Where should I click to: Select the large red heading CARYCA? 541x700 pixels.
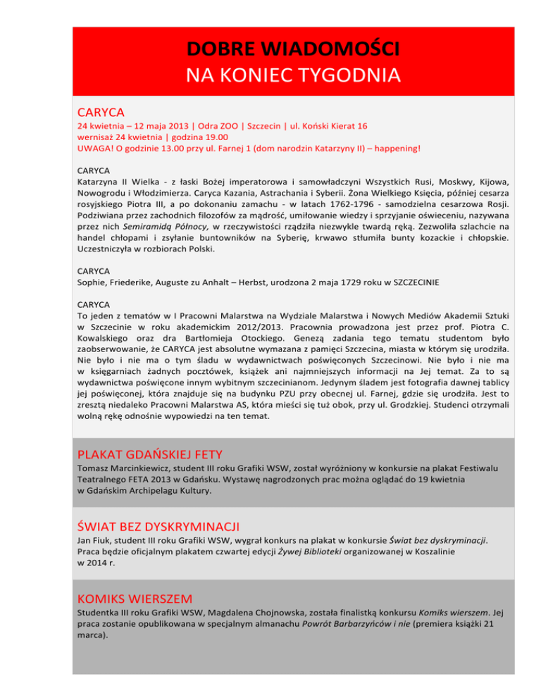tap(101, 112)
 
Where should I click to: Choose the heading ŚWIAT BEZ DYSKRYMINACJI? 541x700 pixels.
tap(159, 526)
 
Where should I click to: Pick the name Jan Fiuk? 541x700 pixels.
tap(95, 542)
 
